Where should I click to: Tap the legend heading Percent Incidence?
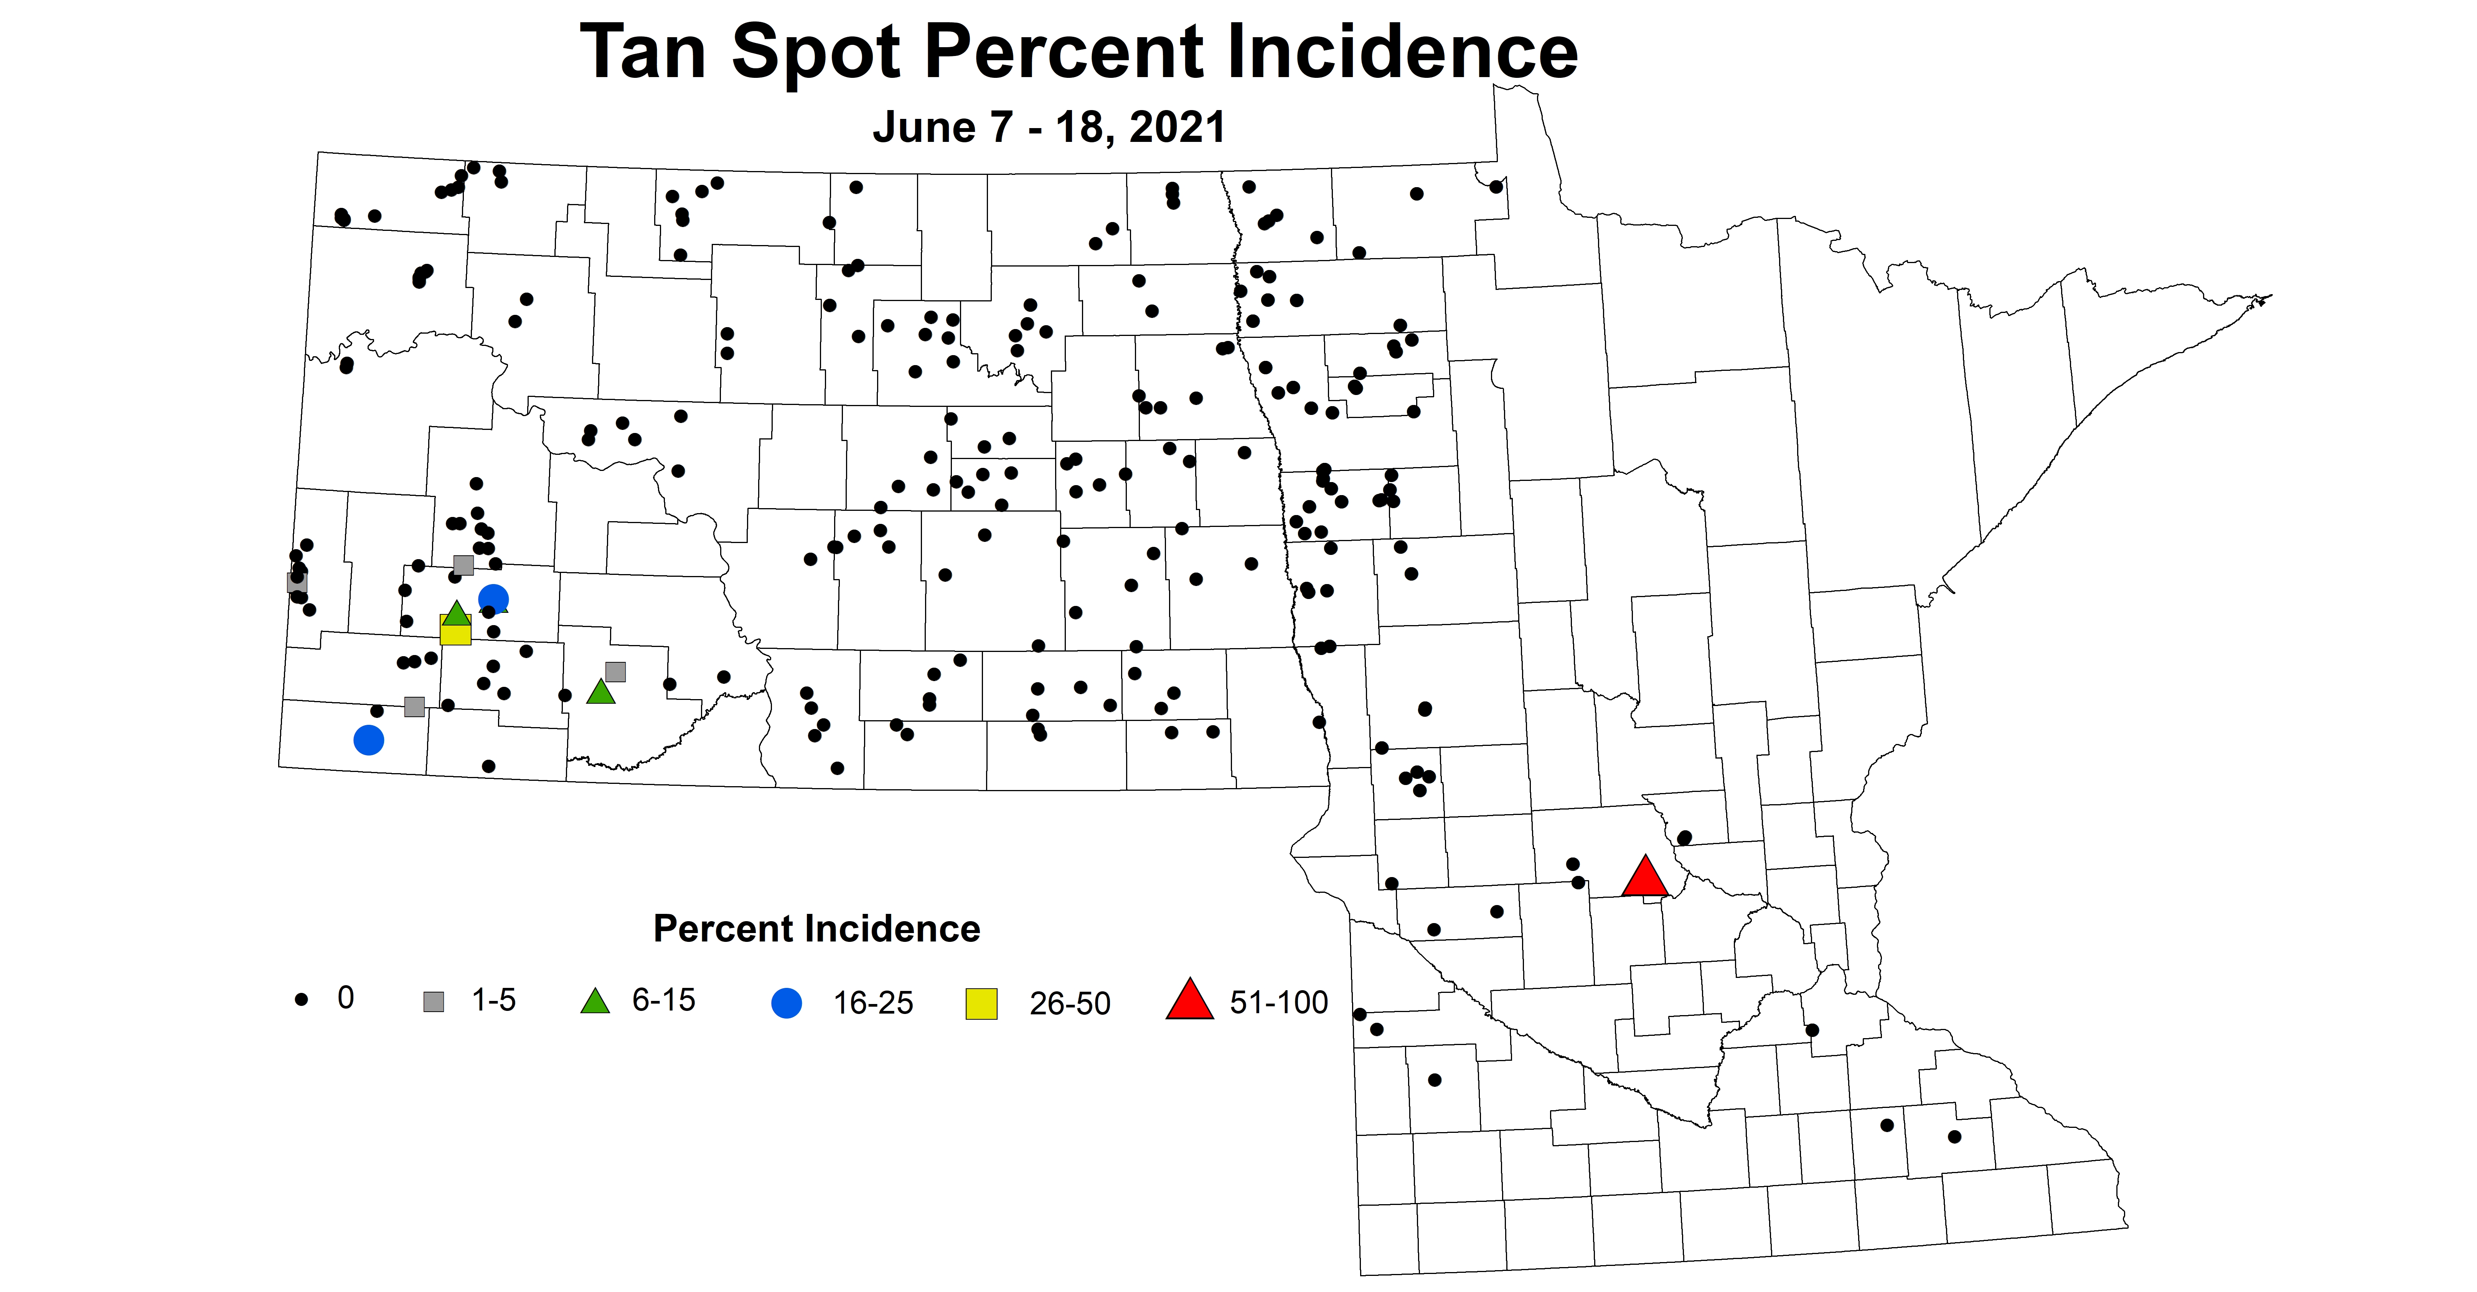(x=816, y=928)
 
